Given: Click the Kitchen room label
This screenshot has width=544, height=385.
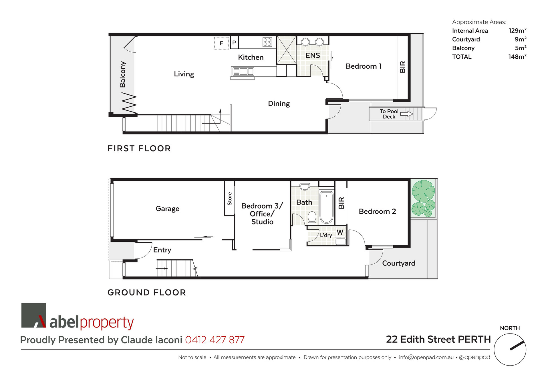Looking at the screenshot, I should click(x=251, y=57).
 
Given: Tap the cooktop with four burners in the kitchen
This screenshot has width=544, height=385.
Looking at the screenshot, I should click(x=267, y=42).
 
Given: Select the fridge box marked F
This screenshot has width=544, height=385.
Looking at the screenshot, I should click(x=221, y=43).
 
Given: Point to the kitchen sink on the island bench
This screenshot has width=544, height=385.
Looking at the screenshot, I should click(x=243, y=71).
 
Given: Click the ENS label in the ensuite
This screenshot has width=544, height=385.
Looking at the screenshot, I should click(x=313, y=55).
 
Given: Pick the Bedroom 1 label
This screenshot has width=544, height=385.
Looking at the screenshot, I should click(x=363, y=66).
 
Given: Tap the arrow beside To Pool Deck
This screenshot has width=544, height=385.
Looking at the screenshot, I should click(x=406, y=114).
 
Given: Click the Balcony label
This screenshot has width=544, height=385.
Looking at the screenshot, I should click(x=122, y=74).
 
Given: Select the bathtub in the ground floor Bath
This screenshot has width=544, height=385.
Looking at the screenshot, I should click(x=326, y=207).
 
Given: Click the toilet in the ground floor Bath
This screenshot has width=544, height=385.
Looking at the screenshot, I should click(x=312, y=218).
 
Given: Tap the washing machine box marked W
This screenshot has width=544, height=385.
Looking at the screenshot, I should click(x=340, y=232).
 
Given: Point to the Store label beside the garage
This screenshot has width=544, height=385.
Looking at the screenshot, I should click(x=229, y=199).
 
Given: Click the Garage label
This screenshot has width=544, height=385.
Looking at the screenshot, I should click(x=167, y=209).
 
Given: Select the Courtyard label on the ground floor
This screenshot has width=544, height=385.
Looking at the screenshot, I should click(x=398, y=263).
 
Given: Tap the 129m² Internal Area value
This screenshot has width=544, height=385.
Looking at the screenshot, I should click(x=517, y=31).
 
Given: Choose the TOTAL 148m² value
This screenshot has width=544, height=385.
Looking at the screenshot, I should click(x=517, y=57).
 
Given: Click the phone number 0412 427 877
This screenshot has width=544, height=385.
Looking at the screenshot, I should click(x=215, y=340).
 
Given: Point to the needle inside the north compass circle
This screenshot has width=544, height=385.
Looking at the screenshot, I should click(x=517, y=346).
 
